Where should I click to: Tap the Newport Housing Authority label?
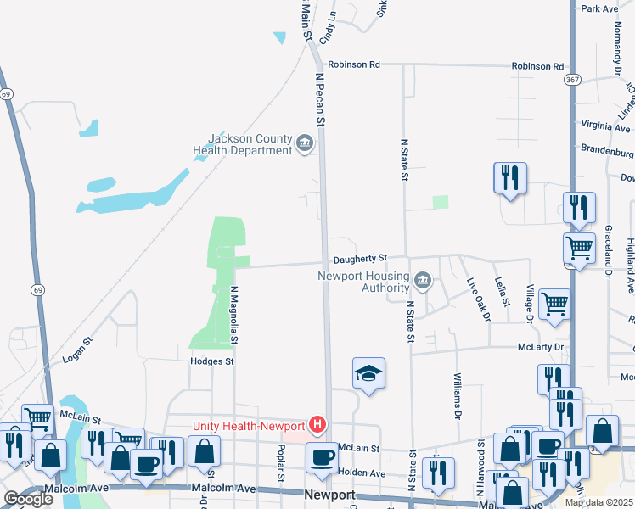[x=363, y=282]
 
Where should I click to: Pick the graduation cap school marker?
[x=368, y=373]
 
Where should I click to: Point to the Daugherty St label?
[x=360, y=257]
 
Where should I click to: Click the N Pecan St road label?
[x=321, y=98]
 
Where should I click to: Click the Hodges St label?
[x=211, y=361]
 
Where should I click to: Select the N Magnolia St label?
[x=234, y=315]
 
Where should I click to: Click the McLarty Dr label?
[x=541, y=348]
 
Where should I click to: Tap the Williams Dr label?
[x=457, y=396]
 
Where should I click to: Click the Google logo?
[x=29, y=499]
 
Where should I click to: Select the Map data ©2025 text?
[x=598, y=502]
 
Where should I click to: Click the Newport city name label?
[x=329, y=495]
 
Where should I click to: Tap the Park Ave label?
[x=600, y=8]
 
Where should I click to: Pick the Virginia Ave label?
[x=606, y=126]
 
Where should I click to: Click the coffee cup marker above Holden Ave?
[x=321, y=457]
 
